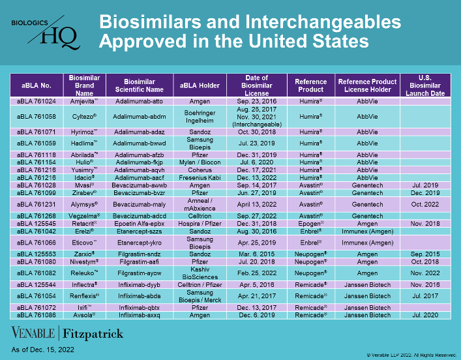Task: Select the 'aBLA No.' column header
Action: click(x=37, y=85)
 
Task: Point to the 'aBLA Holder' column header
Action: click(x=200, y=85)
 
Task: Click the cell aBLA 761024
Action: click(x=37, y=102)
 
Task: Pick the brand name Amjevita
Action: click(x=83, y=102)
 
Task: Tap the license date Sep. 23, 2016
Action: click(x=257, y=102)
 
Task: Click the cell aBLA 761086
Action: click(x=37, y=314)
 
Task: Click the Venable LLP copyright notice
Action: click(x=411, y=355)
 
